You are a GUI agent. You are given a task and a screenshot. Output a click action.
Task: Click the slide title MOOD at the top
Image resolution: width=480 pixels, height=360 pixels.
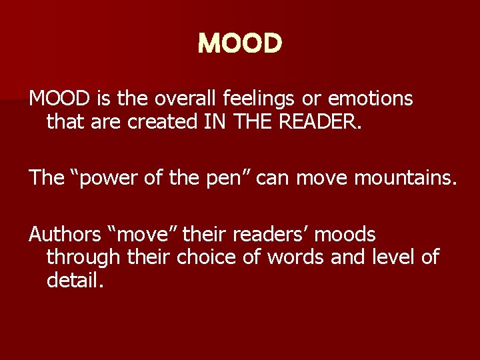tap(240, 44)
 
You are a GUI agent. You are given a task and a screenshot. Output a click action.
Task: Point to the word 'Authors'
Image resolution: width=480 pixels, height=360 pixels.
tap(61, 235)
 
